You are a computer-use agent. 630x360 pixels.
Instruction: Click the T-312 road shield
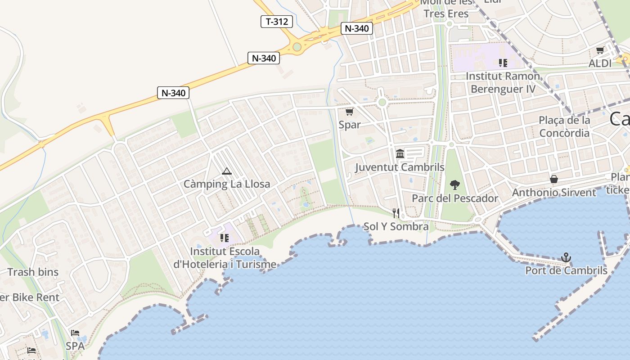point(277,21)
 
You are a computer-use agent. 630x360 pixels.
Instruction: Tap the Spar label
point(350,125)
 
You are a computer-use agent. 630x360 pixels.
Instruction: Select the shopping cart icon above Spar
point(349,112)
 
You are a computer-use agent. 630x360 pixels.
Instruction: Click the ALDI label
point(600,63)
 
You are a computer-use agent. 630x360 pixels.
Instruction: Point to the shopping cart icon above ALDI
point(600,50)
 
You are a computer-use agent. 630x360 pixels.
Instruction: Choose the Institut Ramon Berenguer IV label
point(503,83)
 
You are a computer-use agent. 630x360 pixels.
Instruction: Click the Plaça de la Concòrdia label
point(564,126)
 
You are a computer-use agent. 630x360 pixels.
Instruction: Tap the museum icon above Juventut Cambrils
point(400,154)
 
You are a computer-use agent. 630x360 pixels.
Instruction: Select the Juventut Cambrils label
point(400,167)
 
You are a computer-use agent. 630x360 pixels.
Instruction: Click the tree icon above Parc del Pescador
point(455,184)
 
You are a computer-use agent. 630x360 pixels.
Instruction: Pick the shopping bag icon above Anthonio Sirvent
point(554,179)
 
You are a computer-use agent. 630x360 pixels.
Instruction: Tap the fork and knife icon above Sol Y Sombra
point(396,213)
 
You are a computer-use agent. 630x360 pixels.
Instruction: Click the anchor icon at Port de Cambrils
point(566,257)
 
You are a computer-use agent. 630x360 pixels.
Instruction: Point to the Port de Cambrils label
point(566,271)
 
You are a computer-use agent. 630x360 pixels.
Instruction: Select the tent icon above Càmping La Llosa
point(227,171)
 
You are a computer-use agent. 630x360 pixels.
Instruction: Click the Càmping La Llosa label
point(227,184)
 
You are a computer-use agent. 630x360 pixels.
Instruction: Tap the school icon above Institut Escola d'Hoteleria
point(225,238)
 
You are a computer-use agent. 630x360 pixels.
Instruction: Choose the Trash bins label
point(33,272)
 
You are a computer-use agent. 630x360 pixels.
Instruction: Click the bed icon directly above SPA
point(75,333)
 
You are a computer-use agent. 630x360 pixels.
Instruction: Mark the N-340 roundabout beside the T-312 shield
point(297,47)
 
